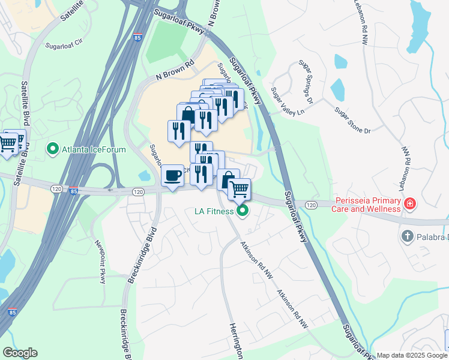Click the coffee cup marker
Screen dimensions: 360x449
pyautogui.click(x=173, y=175)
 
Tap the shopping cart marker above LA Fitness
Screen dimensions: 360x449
pyautogui.click(x=239, y=190)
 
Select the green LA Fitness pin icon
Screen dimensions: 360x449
pyautogui.click(x=243, y=211)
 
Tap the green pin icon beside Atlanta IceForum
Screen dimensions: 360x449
pyautogui.click(x=52, y=148)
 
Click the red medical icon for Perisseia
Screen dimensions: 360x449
pyautogui.click(x=411, y=204)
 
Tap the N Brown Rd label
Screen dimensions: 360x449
pyautogui.click(x=176, y=71)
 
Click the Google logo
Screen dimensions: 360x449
pyautogui.click(x=20, y=353)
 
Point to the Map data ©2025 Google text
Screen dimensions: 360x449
pyautogui.click(x=411, y=355)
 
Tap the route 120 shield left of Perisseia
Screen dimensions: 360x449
pyautogui.click(x=310, y=205)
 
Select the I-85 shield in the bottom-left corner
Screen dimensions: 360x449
pyautogui.click(x=12, y=313)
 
